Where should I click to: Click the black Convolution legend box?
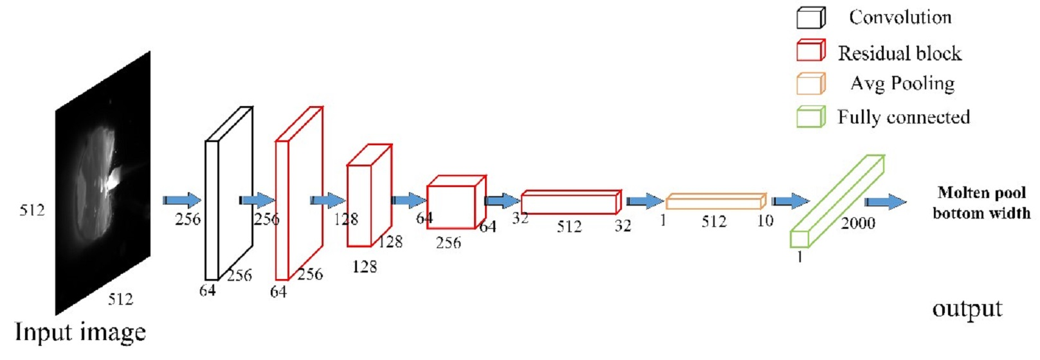click(811, 17)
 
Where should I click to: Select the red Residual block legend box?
click(811, 51)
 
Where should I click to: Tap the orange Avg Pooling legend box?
click(811, 84)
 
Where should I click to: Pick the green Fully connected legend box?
click(811, 116)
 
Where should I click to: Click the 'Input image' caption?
click(80, 333)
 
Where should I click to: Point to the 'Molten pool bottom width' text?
click(981, 203)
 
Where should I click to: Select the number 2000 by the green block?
click(858, 224)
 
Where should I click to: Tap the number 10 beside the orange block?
click(765, 221)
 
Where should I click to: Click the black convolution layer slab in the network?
click(212, 210)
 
